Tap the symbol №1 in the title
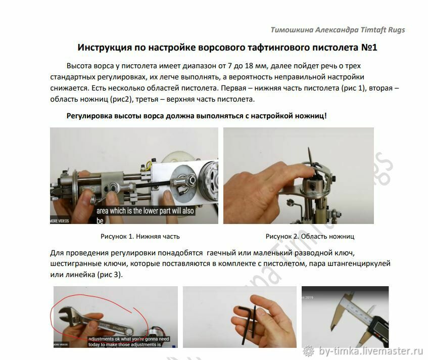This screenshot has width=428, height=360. pos(365,48)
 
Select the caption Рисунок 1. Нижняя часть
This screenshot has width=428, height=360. pos(140,236)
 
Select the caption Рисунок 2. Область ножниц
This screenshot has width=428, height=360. pos(310,236)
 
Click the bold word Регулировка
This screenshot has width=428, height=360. pos(90,115)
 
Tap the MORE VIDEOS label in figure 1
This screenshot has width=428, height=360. pos(60,221)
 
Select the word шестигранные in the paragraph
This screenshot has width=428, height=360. pos(73,263)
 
